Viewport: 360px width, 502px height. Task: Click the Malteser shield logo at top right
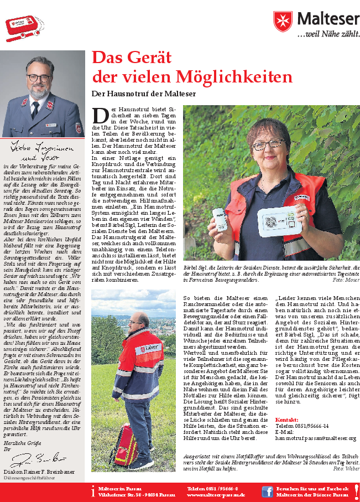(x=282, y=22)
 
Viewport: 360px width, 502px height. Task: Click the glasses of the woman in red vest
(x=268, y=146)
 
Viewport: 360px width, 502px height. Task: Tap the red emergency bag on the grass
(x=127, y=447)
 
